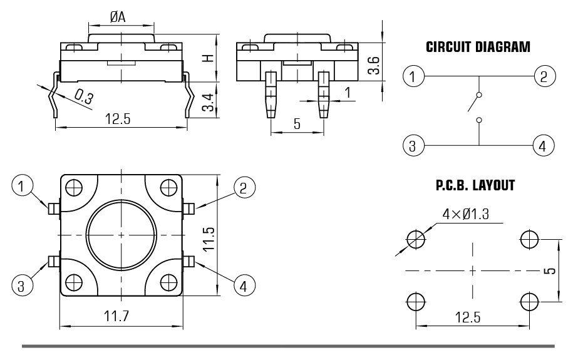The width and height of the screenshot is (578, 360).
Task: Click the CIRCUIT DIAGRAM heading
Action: [478, 48]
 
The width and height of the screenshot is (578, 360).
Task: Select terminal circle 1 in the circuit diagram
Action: [413, 77]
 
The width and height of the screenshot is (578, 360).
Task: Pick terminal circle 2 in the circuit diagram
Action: [543, 77]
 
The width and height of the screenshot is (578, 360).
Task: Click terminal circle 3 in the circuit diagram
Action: [413, 146]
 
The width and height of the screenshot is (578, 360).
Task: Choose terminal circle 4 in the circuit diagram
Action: [543, 146]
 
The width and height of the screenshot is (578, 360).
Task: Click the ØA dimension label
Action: [117, 18]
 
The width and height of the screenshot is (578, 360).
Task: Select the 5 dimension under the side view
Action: [297, 124]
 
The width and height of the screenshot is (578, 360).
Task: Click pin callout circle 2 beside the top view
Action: [244, 186]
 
